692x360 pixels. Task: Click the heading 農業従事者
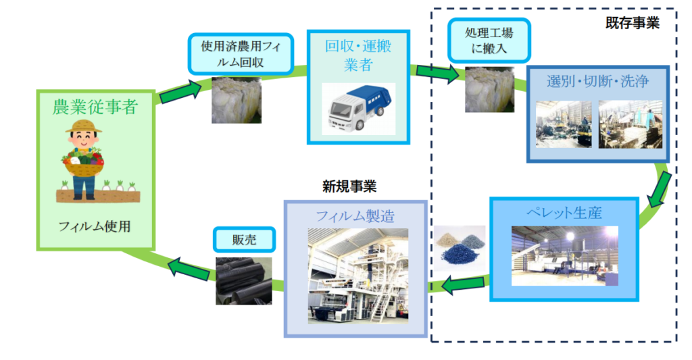[95, 106]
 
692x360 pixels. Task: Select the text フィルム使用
[95, 227]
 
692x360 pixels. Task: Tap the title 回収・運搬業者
[358, 55]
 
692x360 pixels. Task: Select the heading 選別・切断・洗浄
[597, 82]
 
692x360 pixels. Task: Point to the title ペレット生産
[564, 213]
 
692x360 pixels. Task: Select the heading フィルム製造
[356, 217]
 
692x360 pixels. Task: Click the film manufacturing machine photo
[357, 277]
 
